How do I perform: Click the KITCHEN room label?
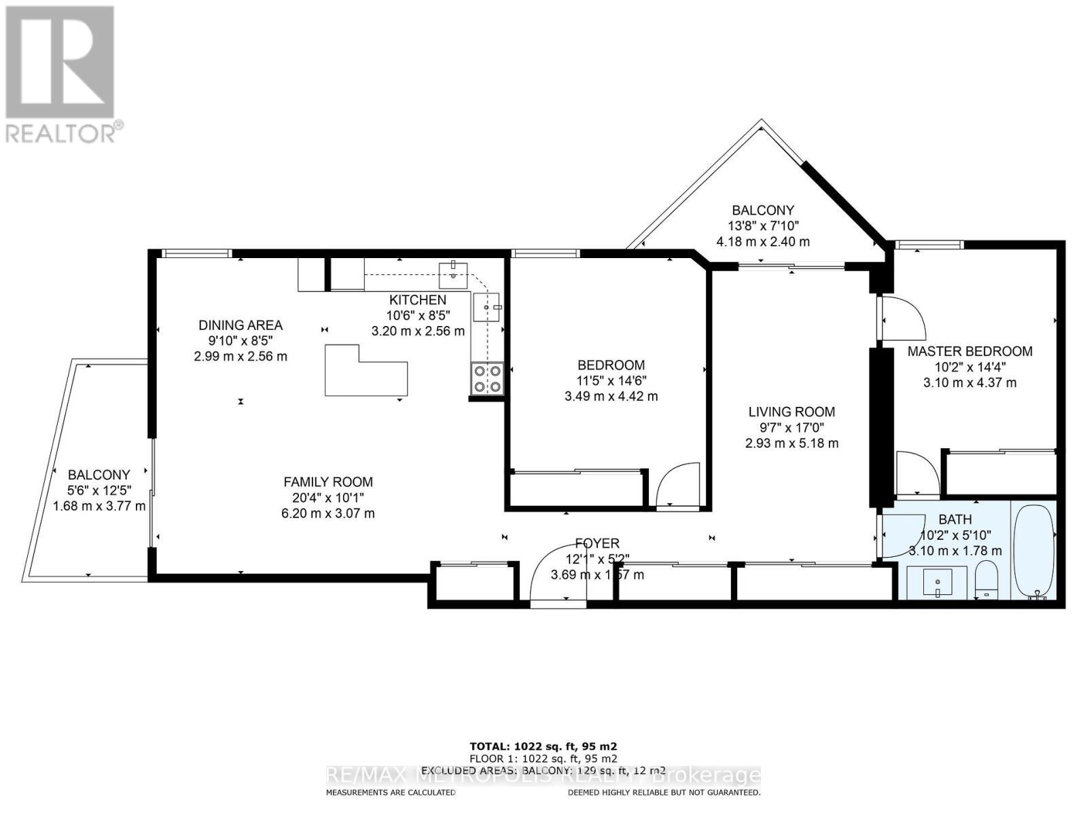(x=417, y=300)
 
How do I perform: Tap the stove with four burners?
(x=487, y=378)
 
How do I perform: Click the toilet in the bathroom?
(x=986, y=580)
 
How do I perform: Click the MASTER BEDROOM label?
(x=969, y=351)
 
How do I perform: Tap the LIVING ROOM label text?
(x=791, y=412)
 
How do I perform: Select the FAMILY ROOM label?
(x=328, y=482)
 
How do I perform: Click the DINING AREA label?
(x=240, y=325)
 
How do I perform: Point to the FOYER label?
(x=596, y=543)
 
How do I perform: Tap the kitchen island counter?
(x=366, y=372)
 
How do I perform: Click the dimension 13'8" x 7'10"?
(x=762, y=226)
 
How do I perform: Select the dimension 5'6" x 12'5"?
(x=99, y=490)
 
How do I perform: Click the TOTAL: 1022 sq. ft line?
(x=543, y=746)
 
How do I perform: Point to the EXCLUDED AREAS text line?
(x=543, y=770)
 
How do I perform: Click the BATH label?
(x=955, y=520)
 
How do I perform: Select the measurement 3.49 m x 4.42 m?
(x=611, y=396)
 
